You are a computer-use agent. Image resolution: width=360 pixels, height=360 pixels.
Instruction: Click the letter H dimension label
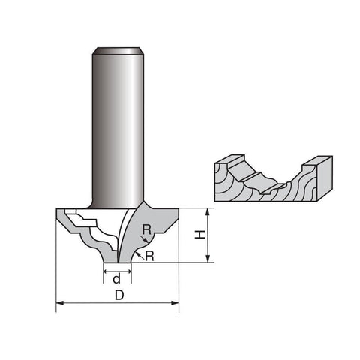coord(200,235)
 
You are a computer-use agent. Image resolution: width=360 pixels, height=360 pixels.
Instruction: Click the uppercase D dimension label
coord(119,295)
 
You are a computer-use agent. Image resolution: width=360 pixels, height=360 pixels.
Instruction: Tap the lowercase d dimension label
coord(117,278)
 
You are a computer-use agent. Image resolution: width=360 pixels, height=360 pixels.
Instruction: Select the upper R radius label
coord(147,229)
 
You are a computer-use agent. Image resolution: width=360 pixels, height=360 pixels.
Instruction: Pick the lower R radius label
coord(149,256)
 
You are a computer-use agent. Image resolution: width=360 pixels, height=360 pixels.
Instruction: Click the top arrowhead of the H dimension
coord(207,211)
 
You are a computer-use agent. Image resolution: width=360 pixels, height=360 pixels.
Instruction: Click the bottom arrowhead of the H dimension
coord(207,259)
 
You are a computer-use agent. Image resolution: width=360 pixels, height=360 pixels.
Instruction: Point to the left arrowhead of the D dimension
coord(59,303)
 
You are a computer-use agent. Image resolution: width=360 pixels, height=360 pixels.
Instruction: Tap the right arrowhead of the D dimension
coord(175,303)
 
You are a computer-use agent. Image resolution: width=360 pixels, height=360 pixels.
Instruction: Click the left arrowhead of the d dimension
coord(105,271)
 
